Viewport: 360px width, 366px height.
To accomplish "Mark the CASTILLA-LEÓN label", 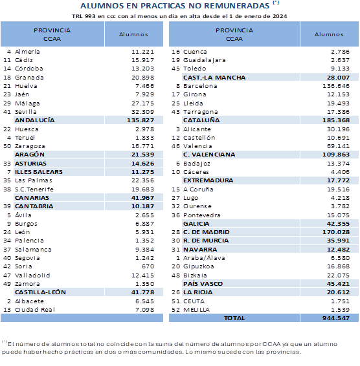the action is point(41,310).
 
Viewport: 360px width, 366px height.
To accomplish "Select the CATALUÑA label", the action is point(201,120).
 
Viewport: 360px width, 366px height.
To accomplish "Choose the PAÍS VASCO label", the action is point(203,283).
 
